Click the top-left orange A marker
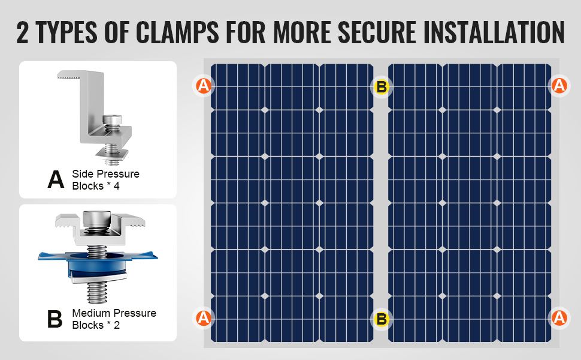(x=204, y=86)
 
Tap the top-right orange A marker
(x=559, y=86)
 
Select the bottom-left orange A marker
(x=204, y=318)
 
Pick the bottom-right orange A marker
(x=559, y=318)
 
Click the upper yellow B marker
(x=382, y=87)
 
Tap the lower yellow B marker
(x=382, y=319)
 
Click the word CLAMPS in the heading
(x=177, y=32)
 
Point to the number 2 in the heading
(x=22, y=32)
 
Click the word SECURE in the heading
(x=377, y=32)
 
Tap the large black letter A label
(x=56, y=179)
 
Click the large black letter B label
(x=55, y=319)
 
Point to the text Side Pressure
(x=105, y=173)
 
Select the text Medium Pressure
(x=114, y=313)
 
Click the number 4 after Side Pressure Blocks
(x=117, y=186)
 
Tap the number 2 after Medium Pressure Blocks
(x=117, y=325)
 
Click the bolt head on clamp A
(x=112, y=119)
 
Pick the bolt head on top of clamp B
(x=96, y=218)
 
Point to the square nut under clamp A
(x=111, y=153)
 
